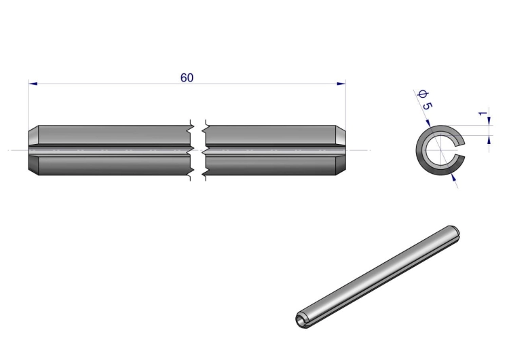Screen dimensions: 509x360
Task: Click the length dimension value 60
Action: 187,78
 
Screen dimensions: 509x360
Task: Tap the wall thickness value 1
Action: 483,113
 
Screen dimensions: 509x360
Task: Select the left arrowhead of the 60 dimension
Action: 33,84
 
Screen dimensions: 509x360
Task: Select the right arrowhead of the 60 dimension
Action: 341,84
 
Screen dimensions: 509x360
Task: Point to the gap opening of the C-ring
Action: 461,150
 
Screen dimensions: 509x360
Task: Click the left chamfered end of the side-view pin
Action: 33,150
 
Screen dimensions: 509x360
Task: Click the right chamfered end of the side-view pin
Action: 341,150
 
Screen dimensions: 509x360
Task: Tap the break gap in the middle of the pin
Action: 198,150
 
